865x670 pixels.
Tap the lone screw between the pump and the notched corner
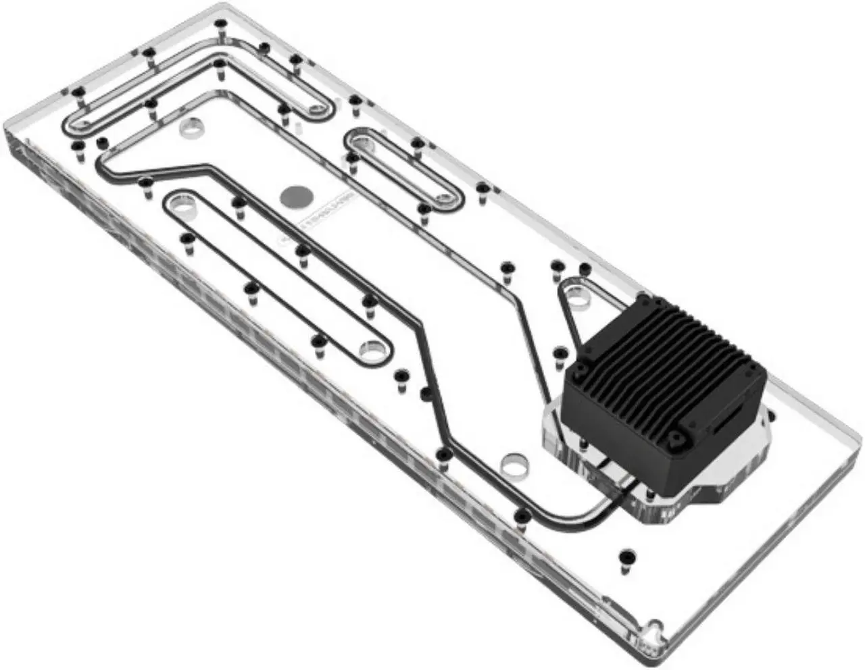tap(626, 559)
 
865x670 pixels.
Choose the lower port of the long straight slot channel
tap(371, 348)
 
